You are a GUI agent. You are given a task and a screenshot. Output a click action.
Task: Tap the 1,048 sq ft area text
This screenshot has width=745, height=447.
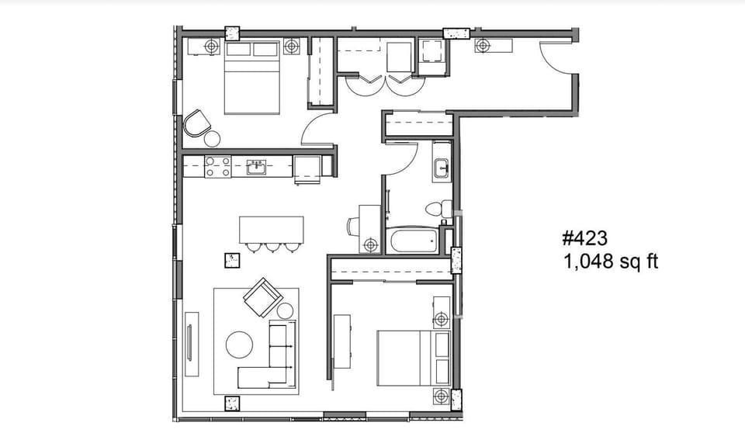coord(611,262)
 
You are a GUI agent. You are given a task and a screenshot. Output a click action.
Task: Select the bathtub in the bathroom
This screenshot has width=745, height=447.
coord(414,240)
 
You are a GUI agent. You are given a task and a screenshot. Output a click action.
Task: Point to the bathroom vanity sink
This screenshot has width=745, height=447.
coord(441,167)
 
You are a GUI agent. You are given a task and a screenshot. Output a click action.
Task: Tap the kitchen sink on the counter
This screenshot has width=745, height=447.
coord(257,166)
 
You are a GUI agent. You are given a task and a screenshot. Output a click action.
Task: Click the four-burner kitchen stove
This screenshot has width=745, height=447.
coord(218,166)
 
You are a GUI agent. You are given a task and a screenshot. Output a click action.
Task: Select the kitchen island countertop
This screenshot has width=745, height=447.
coord(271,229)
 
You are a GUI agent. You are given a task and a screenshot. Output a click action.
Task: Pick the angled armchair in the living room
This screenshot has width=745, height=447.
coord(262,296)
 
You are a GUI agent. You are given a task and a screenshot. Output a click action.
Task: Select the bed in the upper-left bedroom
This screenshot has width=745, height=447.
coord(251,78)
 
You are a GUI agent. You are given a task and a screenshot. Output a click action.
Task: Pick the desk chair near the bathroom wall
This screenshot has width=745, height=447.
coord(354,226)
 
